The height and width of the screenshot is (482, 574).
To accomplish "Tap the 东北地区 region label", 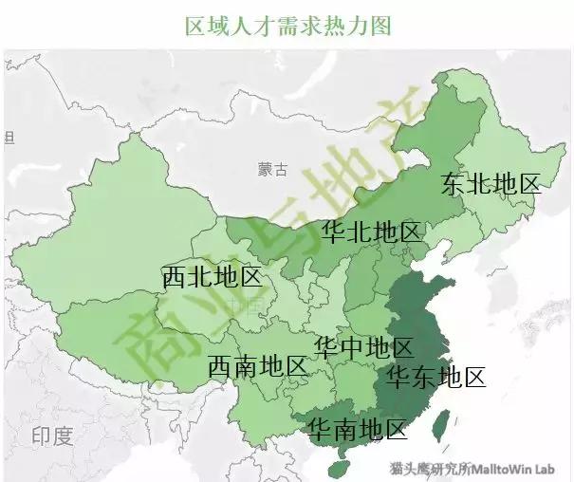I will pyautogui.click(x=491, y=184).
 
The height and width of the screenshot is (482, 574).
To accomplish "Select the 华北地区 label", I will pyautogui.click(x=371, y=232).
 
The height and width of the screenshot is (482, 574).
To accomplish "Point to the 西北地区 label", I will pyautogui.click(x=211, y=277).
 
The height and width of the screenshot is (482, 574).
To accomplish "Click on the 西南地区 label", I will pyautogui.click(x=257, y=365).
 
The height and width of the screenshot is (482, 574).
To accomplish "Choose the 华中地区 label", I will pyautogui.click(x=363, y=346).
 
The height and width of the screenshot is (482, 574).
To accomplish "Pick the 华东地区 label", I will pyautogui.click(x=436, y=378).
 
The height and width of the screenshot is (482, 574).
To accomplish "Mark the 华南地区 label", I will pyautogui.click(x=357, y=429).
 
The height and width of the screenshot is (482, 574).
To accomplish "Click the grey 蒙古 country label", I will pyautogui.click(x=271, y=170).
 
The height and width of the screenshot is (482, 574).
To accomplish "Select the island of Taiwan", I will pyautogui.click(x=440, y=424).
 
